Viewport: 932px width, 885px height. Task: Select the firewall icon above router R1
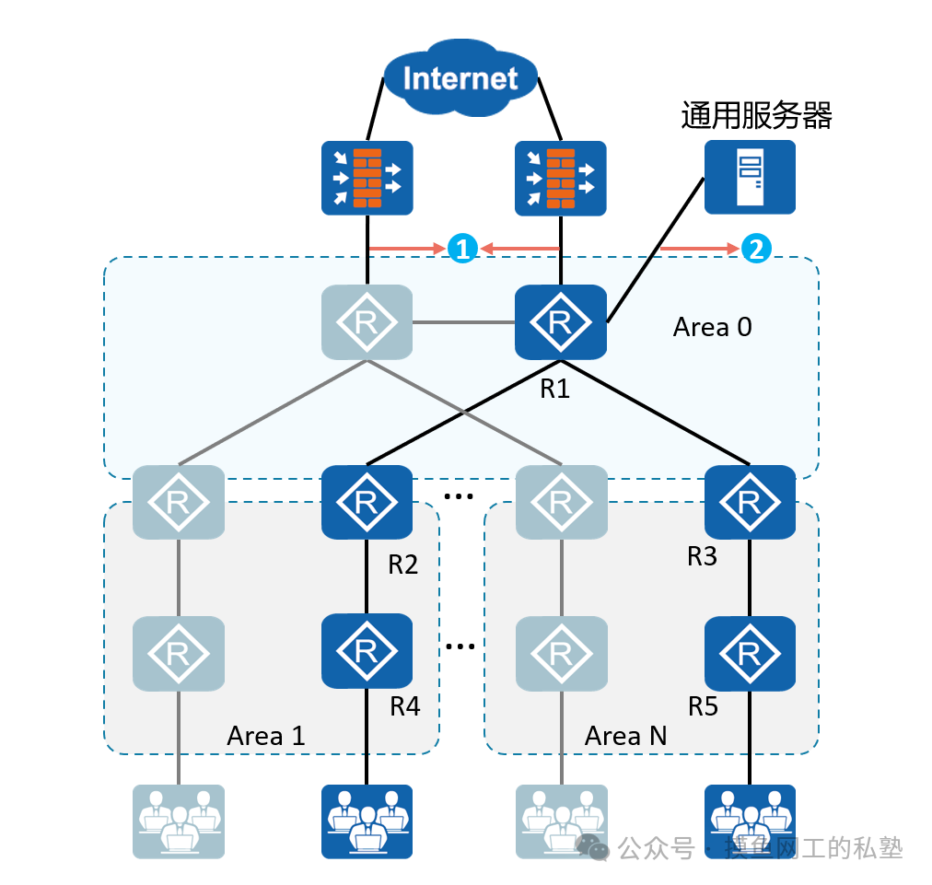pyautogui.click(x=560, y=179)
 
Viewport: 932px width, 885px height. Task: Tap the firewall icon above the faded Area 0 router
pyautogui.click(x=367, y=179)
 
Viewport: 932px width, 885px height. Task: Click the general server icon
pyautogui.click(x=749, y=177)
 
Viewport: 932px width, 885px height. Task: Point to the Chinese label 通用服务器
pyautogui.click(x=756, y=116)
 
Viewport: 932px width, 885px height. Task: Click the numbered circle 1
pyautogui.click(x=462, y=249)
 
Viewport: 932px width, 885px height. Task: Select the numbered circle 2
pyautogui.click(x=755, y=249)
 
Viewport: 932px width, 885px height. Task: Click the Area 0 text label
pyautogui.click(x=712, y=327)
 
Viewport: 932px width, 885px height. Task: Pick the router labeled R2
pyautogui.click(x=367, y=502)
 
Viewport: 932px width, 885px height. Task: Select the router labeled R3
pyautogui.click(x=750, y=502)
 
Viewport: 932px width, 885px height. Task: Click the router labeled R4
pyautogui.click(x=367, y=651)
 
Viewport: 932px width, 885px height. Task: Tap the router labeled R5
pyautogui.click(x=750, y=653)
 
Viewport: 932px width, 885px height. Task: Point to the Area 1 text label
pyautogui.click(x=265, y=736)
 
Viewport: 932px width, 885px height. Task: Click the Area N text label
pyautogui.click(x=625, y=736)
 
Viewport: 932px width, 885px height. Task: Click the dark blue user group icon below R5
pyautogui.click(x=750, y=820)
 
